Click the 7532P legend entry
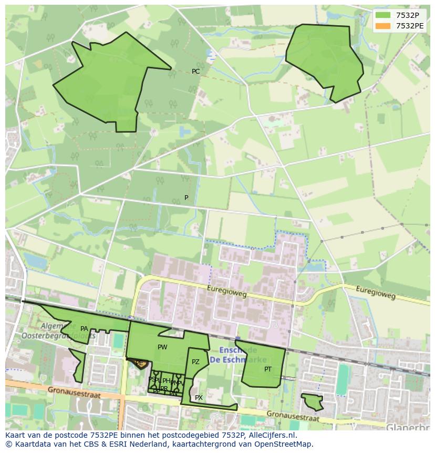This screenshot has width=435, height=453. tap(407, 15)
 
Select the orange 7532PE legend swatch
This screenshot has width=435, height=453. tap(384, 26)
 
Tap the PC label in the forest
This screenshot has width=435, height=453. tap(195, 72)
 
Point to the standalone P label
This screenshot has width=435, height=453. tap(186, 198)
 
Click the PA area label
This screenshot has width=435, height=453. tap(84, 329)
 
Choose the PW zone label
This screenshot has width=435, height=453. tap(162, 347)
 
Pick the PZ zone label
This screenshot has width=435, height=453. tap(195, 362)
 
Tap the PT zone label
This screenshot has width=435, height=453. tap(268, 369)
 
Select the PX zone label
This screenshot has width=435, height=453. tap(199, 398)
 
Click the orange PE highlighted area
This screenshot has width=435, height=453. tap(139, 364)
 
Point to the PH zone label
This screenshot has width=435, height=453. tap(166, 381)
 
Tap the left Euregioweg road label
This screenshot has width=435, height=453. tap(227, 291)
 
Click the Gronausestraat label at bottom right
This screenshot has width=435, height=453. tap(292, 416)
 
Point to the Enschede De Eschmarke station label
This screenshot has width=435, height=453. tap(232, 355)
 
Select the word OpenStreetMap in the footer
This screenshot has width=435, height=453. tap(284, 444)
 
